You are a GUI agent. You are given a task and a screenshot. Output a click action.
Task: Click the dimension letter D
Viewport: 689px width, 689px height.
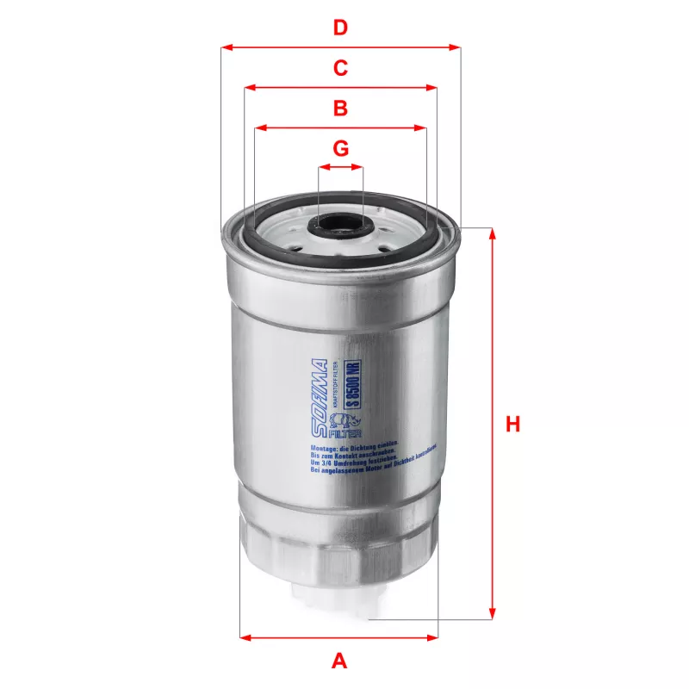point(341,28)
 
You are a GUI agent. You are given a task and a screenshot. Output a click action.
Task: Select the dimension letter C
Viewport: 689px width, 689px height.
point(341,67)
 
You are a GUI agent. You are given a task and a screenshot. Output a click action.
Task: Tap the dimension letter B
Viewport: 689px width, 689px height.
point(341,109)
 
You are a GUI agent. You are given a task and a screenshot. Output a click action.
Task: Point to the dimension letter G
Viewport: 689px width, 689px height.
point(341,148)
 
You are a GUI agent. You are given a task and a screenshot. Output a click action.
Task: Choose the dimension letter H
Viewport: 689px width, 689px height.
point(513,425)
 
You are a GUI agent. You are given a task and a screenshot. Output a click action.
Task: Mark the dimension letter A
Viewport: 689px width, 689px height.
point(339,661)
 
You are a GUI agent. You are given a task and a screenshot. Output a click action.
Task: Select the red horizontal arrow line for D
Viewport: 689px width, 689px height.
point(284,47)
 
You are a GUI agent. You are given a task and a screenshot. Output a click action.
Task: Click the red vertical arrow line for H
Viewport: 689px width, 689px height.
point(493,344)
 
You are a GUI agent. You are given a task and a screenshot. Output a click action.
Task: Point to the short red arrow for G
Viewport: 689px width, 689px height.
point(341,168)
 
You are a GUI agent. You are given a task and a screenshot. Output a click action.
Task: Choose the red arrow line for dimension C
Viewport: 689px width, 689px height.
point(293,87)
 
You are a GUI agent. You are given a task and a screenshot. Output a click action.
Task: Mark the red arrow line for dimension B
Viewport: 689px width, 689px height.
point(293,128)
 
